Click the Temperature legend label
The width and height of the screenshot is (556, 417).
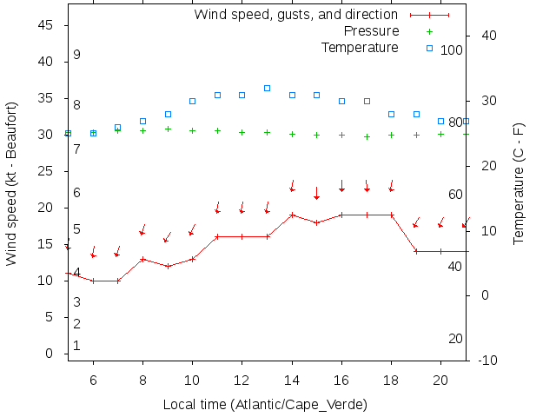click(x=360, y=47)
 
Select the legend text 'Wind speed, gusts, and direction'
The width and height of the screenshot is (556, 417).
click(x=295, y=15)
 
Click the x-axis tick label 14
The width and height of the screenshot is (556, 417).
click(x=293, y=380)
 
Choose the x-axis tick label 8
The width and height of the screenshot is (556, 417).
click(x=142, y=380)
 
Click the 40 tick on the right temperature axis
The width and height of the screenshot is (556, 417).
click(x=487, y=36)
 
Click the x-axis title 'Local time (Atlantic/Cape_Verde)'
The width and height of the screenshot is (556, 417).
click(x=265, y=405)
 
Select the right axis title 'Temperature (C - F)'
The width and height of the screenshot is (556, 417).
click(x=519, y=182)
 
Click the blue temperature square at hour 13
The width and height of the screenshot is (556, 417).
click(x=268, y=89)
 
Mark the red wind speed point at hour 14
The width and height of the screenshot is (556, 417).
click(x=293, y=215)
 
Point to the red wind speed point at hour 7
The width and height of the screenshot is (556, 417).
click(x=118, y=281)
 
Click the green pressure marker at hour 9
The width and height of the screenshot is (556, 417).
click(x=168, y=129)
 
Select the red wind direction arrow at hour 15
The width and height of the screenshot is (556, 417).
click(x=317, y=193)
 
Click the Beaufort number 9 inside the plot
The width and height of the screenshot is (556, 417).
click(x=76, y=55)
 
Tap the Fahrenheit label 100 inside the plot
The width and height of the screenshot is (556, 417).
click(x=452, y=50)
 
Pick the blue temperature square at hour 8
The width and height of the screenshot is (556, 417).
click(x=142, y=121)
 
